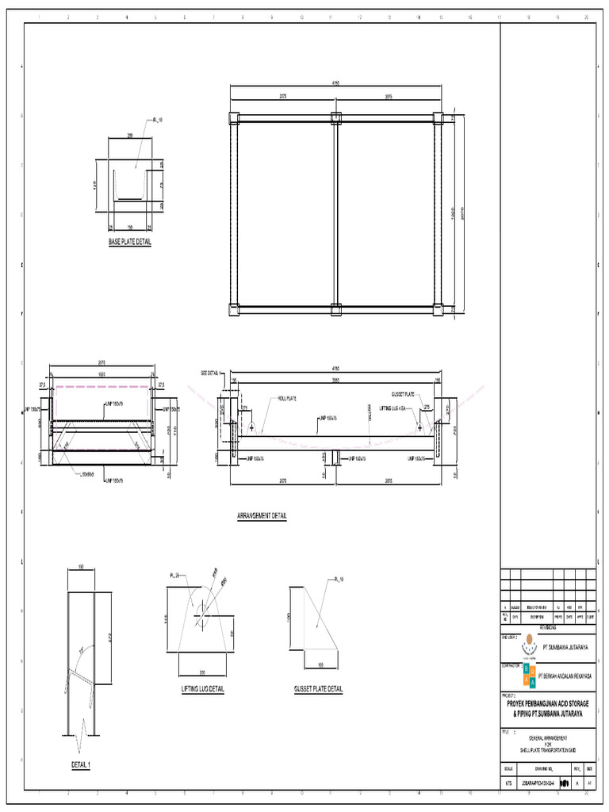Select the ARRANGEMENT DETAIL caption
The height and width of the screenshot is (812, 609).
coord(262,515)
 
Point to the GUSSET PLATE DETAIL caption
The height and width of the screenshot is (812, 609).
coord(317,689)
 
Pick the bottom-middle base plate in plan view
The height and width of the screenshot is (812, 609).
coord(335,309)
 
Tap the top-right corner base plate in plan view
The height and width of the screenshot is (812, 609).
coord(439,119)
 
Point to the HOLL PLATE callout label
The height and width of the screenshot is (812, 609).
coord(286,399)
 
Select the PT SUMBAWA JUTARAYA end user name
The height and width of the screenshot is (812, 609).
coord(564,647)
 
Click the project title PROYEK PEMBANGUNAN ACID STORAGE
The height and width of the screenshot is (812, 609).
coord(548,704)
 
